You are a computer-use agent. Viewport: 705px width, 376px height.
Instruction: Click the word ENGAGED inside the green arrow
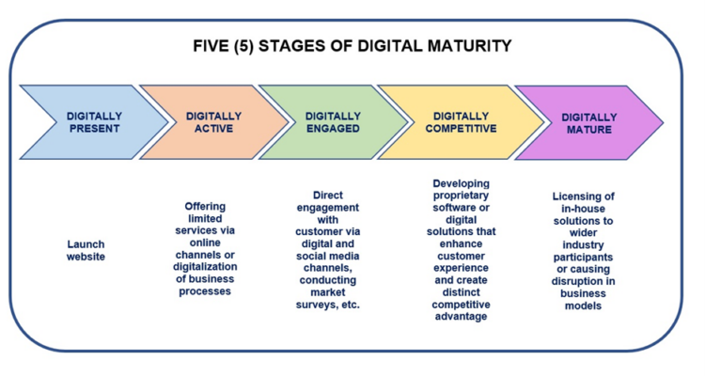[x=333, y=128]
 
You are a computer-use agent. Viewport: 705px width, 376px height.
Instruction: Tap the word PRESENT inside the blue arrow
[x=93, y=128]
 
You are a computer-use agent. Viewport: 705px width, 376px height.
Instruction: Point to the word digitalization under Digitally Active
[x=206, y=267]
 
